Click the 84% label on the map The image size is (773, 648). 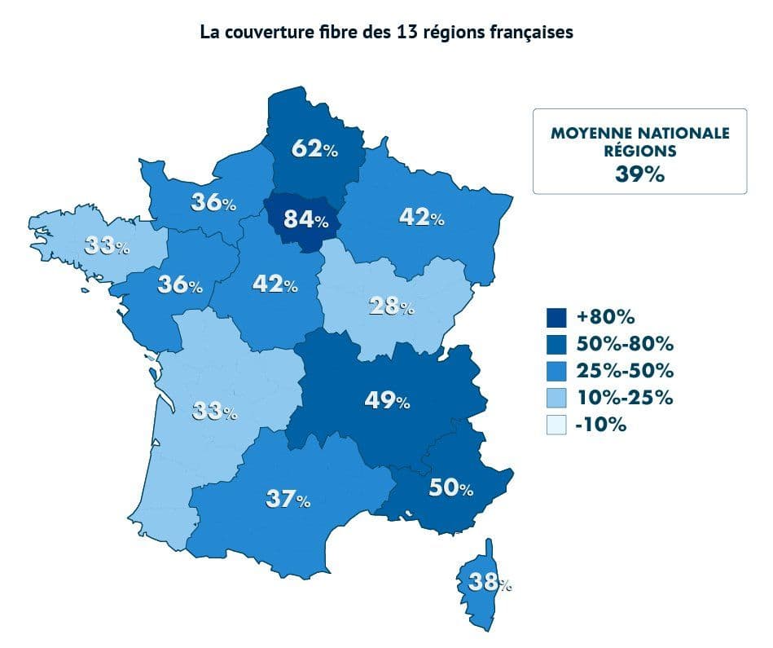(x=306, y=219)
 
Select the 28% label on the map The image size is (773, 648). (x=392, y=306)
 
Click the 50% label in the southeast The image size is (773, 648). (x=450, y=488)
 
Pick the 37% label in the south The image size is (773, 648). (x=288, y=499)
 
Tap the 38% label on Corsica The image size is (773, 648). (x=490, y=582)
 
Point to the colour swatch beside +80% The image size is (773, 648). (x=556, y=317)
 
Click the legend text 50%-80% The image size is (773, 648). (x=625, y=344)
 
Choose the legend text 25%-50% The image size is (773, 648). (x=625, y=371)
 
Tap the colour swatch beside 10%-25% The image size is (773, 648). (x=556, y=398)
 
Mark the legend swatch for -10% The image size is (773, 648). (x=556, y=425)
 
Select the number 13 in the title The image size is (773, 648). (x=407, y=33)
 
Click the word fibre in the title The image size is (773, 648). (x=344, y=33)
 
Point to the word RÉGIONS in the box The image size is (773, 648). (x=640, y=151)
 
